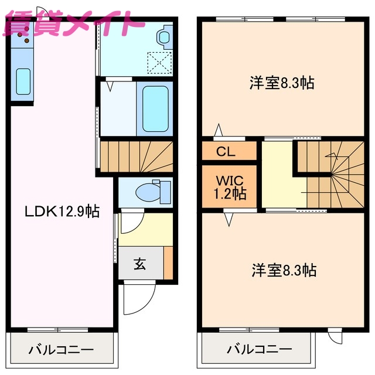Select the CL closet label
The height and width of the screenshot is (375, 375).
tap(226, 152)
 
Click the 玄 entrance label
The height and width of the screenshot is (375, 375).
tap(139, 264)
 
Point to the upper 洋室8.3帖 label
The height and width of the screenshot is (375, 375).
tap(282, 83)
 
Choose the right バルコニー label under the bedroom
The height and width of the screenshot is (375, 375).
tap(259, 350)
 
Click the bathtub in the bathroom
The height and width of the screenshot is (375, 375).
tap(155, 108)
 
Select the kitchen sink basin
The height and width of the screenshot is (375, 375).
tap(23, 81)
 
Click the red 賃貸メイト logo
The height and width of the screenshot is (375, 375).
tap(73, 25)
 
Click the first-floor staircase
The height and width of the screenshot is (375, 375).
tap(137, 156)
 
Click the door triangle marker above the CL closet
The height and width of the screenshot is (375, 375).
tap(219, 130)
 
